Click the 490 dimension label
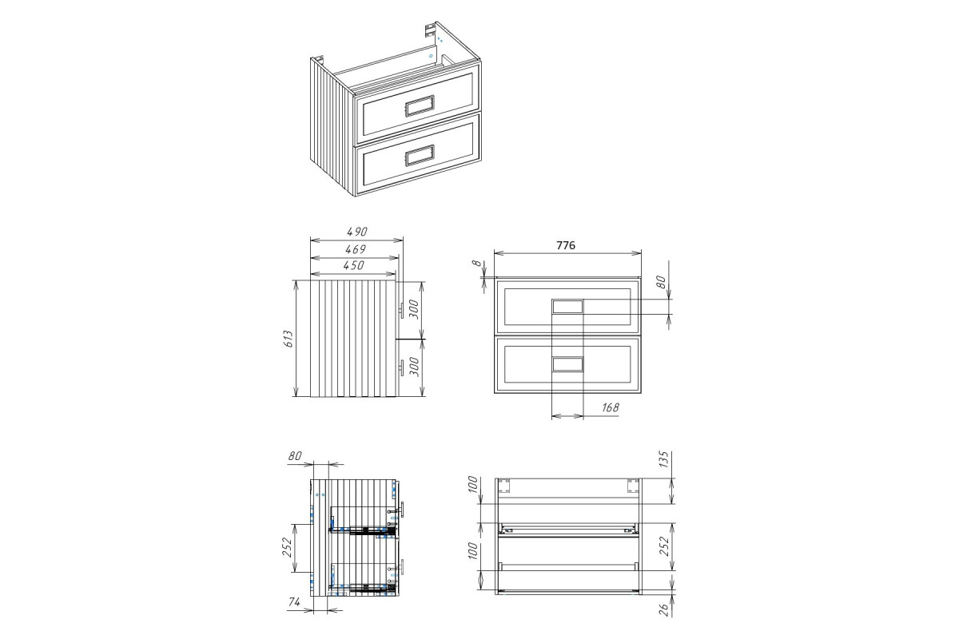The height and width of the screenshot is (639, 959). point(356,232)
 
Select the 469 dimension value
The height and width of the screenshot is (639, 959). point(356,249)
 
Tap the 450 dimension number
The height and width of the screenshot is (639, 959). point(353,265)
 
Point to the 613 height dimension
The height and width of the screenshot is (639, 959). point(288,339)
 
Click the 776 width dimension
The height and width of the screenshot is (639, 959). point(566,245)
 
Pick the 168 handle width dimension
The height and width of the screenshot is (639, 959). point(610,407)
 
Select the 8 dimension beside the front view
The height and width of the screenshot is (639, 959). point(477,263)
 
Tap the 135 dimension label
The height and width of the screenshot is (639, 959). point(663,459)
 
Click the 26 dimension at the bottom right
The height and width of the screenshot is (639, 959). point(663,609)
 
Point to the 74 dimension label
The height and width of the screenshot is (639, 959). point(294,602)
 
